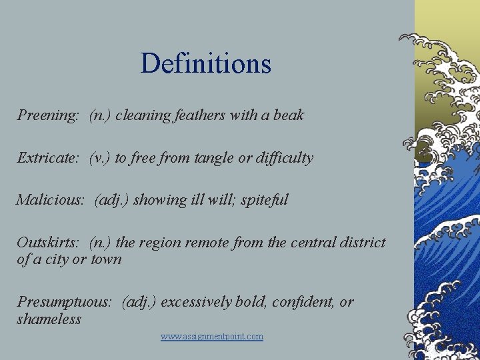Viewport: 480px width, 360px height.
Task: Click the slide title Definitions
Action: click(x=206, y=64)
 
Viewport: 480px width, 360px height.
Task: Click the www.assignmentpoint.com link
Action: click(x=212, y=337)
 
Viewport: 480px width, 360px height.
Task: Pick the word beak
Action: click(x=289, y=115)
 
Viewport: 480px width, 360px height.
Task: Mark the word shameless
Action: click(x=49, y=319)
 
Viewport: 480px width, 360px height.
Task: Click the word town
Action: click(x=106, y=259)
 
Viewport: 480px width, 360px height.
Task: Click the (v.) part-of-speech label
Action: click(x=101, y=158)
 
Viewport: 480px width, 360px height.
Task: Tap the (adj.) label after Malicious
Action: click(x=111, y=200)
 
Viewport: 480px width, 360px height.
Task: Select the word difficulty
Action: click(x=285, y=158)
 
